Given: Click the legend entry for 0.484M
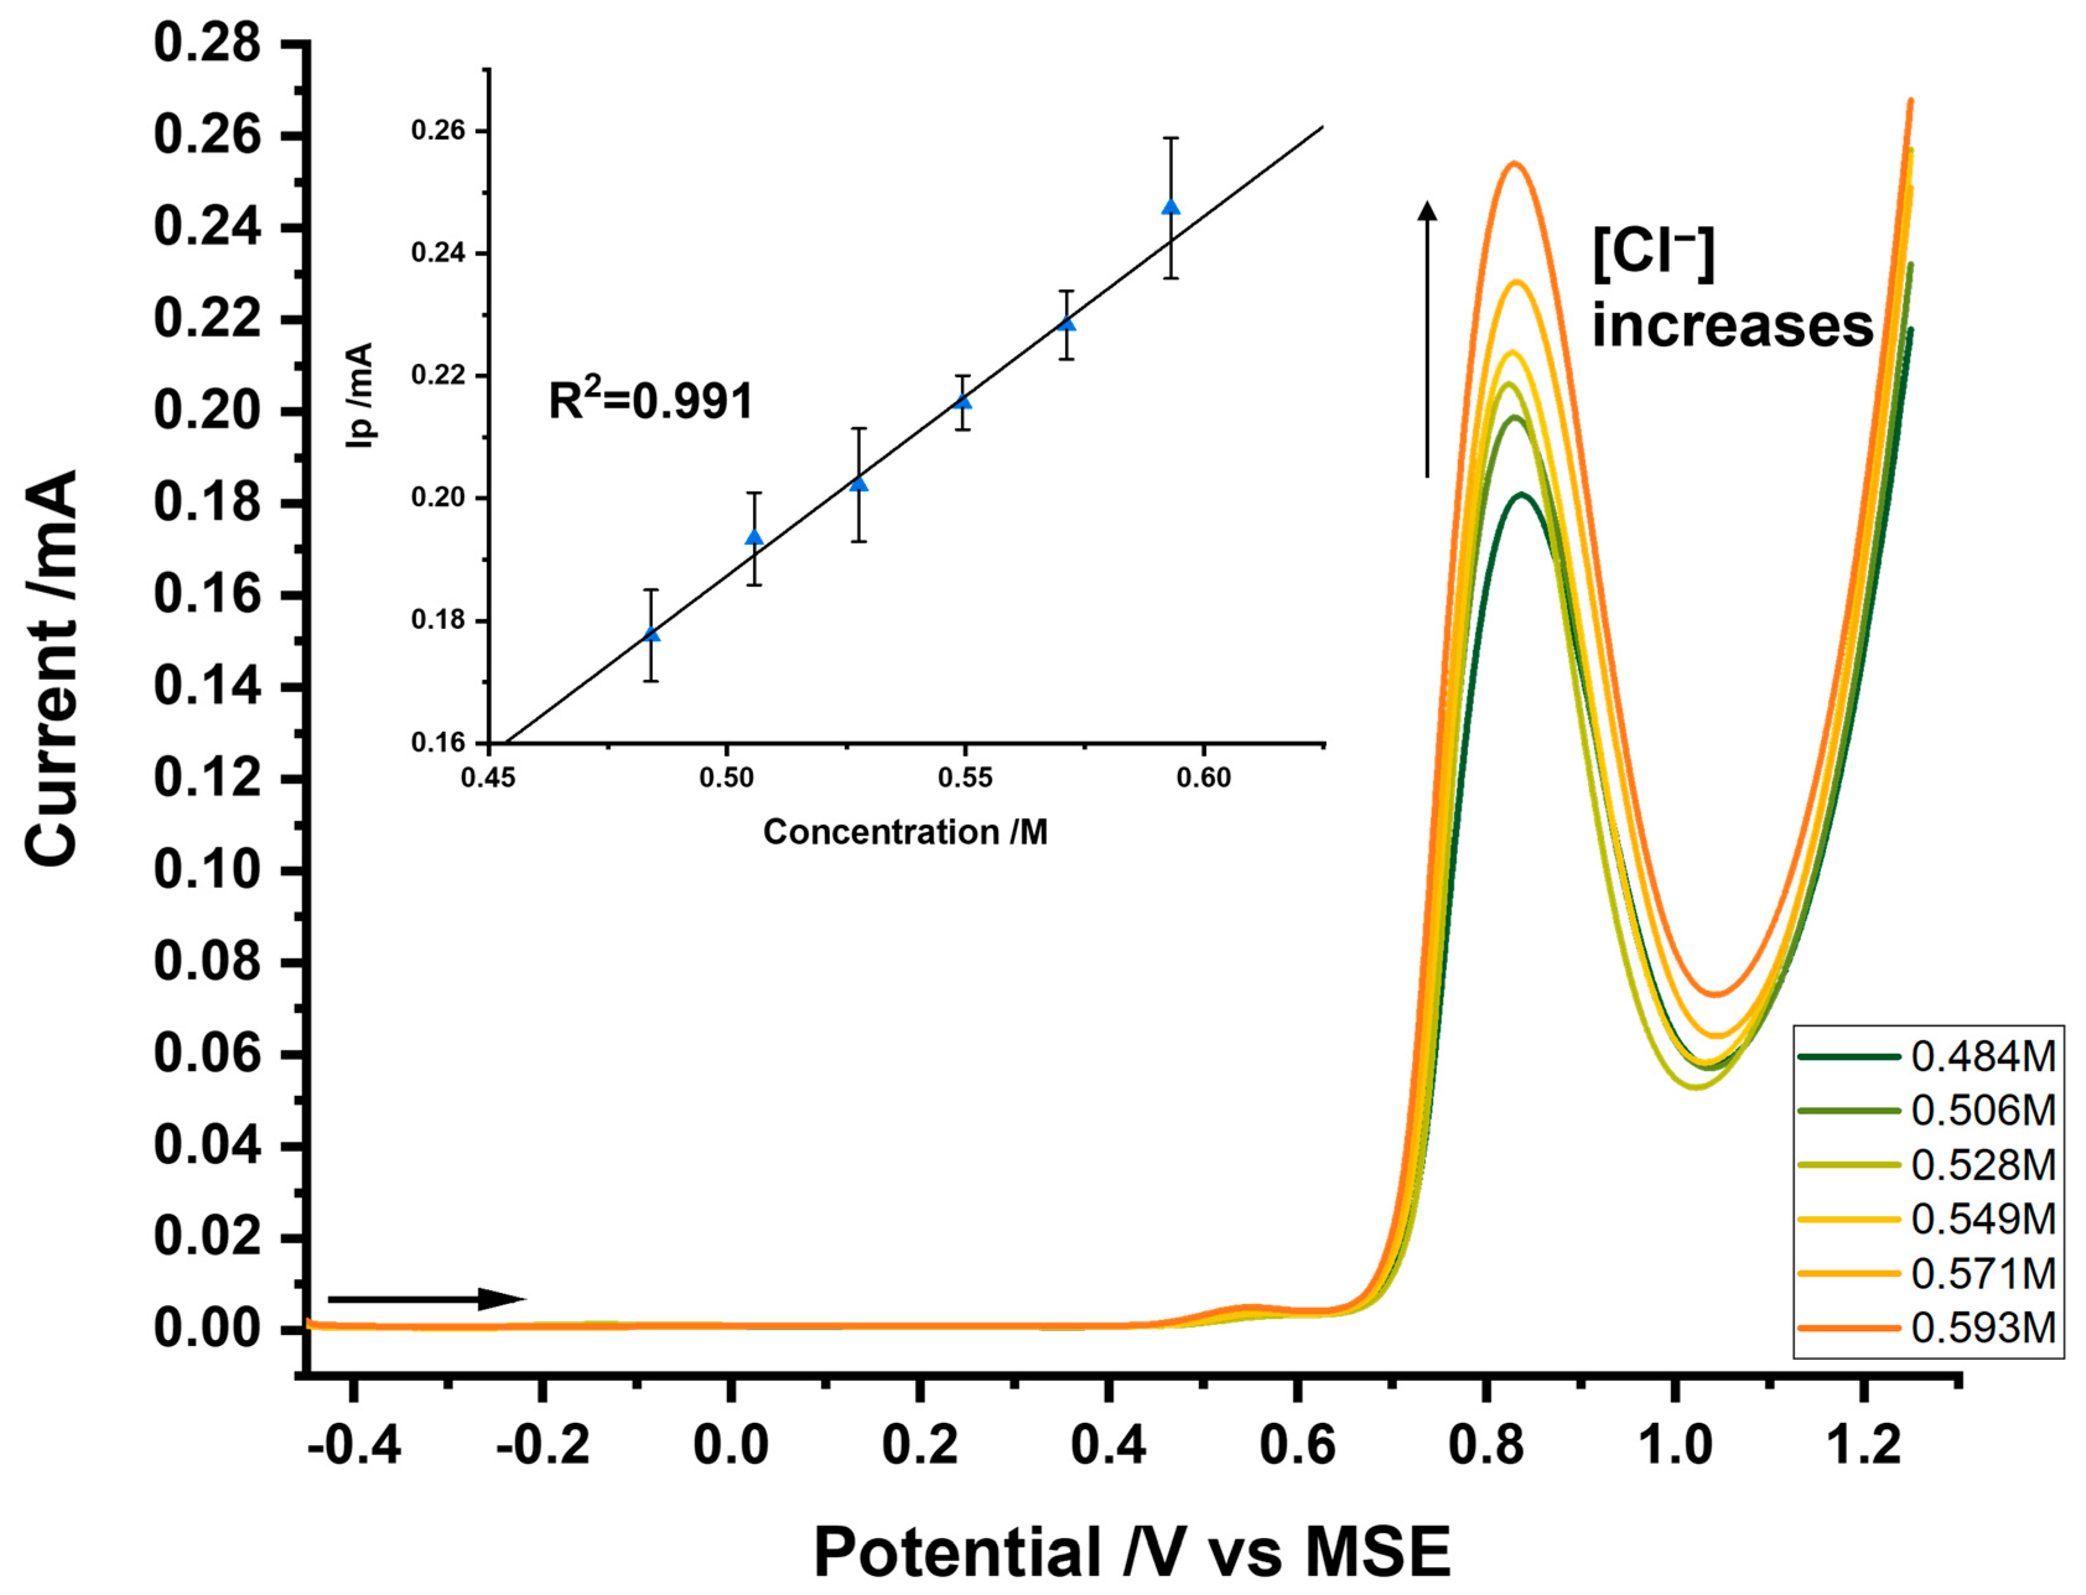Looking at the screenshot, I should point(1981,1056).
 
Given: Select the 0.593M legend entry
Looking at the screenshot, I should point(1981,1328).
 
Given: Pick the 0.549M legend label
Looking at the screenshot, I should point(1981,1219).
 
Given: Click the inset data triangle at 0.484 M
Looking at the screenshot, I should point(652,634).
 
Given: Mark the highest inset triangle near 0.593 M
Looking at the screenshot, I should point(1171,207).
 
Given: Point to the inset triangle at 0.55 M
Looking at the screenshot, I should point(962,401).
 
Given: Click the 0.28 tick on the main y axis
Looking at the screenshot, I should point(207,44).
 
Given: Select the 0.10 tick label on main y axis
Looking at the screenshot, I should point(207,870).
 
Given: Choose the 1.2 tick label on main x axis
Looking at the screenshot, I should point(1863,1446).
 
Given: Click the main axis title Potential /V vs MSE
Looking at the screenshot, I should point(1132,1551).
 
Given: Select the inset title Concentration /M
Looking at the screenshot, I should point(905,832).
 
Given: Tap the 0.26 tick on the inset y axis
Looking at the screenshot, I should point(438,130).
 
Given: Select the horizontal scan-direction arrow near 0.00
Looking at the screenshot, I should point(425,1299).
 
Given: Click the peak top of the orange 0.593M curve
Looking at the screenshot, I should point(1514,163).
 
